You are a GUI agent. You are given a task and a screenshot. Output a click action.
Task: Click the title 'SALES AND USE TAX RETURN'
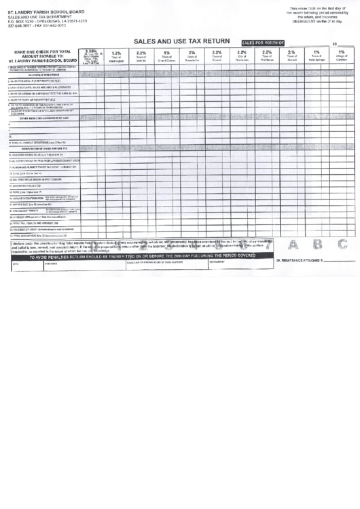tap(182, 41)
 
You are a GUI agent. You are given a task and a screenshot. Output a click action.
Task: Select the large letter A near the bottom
tap(293, 245)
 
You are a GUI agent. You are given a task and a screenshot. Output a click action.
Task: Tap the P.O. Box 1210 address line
tap(46, 21)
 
